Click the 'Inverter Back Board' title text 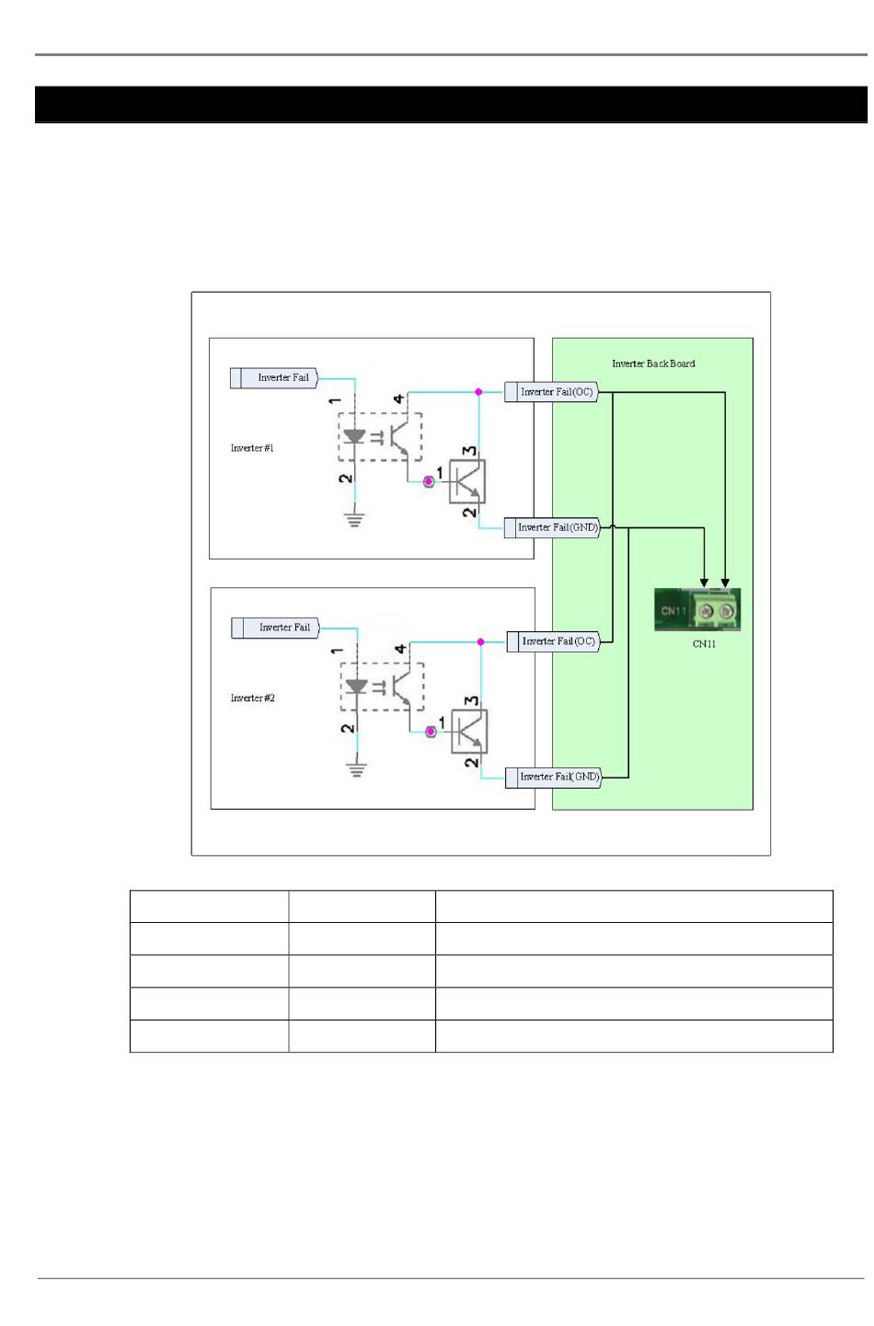coord(652,363)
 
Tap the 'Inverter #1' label coord(252,448)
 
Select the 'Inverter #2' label coord(253,698)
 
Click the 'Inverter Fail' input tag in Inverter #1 coord(274,377)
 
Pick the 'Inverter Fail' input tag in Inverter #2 coord(275,628)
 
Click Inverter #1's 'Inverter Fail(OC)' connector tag coord(551,392)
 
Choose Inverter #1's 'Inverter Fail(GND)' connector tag coord(552,527)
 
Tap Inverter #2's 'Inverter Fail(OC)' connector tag coord(553,641)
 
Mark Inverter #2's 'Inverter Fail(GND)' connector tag coord(554,778)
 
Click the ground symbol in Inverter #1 coord(354,520)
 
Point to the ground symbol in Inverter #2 coord(357,769)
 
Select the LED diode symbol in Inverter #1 coord(354,437)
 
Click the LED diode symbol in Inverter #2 coord(357,686)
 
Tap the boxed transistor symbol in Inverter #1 coord(467,482)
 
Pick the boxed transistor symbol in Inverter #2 coord(469,732)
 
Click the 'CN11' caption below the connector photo coord(704,644)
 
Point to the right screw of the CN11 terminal coord(726,611)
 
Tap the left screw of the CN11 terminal coord(706,611)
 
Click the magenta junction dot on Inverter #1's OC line coord(478,392)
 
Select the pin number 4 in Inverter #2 coord(400,650)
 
